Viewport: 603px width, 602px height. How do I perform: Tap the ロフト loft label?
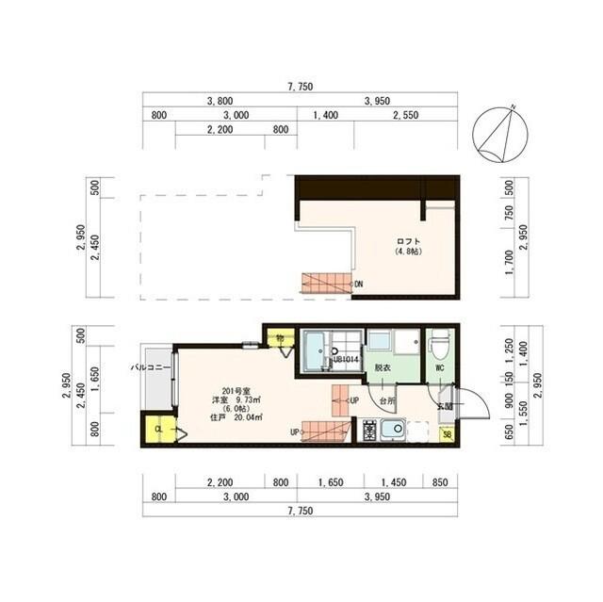pyautogui.click(x=407, y=241)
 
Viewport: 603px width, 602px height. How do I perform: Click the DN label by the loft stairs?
pyautogui.click(x=359, y=284)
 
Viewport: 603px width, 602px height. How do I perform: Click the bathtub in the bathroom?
pyautogui.click(x=315, y=355)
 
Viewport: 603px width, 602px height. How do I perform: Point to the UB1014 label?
pyautogui.click(x=344, y=359)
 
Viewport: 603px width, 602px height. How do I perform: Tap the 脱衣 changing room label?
pyautogui.click(x=382, y=367)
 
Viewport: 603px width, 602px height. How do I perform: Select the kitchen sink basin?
pyautogui.click(x=393, y=431)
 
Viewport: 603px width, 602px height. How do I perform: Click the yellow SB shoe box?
pyautogui.click(x=447, y=434)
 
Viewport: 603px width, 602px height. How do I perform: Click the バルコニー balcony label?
pyautogui.click(x=151, y=367)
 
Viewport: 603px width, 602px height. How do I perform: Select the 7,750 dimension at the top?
pyautogui.click(x=300, y=87)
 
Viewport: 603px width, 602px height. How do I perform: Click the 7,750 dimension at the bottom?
pyautogui.click(x=300, y=510)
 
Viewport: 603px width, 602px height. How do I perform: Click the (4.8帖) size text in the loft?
pyautogui.click(x=407, y=252)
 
